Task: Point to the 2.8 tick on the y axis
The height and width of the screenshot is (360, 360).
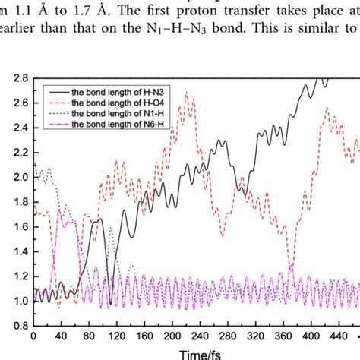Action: click(x=17, y=78)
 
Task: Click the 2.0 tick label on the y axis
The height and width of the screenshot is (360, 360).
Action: click(x=17, y=177)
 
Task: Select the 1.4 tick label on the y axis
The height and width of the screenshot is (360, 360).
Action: click(x=17, y=251)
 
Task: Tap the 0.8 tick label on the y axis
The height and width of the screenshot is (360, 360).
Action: click(x=17, y=325)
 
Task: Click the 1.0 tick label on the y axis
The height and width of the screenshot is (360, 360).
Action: click(x=17, y=301)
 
